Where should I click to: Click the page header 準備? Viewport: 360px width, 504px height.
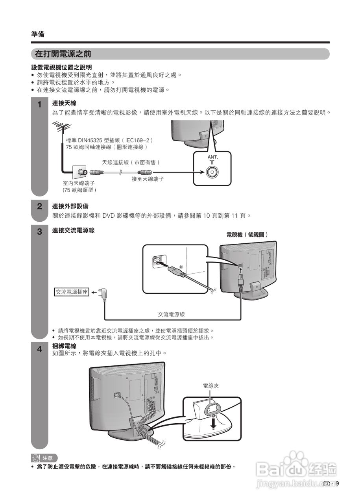[38, 34]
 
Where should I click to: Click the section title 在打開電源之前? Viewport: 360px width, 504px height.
[63, 54]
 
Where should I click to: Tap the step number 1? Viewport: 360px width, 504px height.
[39, 105]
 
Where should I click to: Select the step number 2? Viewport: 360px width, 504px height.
[39, 206]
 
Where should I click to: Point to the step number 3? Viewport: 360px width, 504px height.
[39, 232]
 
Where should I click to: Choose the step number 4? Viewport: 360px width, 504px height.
[39, 349]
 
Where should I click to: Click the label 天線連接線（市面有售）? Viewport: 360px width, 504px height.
[131, 162]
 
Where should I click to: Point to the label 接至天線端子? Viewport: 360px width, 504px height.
[148, 179]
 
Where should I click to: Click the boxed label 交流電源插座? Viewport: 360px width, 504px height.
[72, 292]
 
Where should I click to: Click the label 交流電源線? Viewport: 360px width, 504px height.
[171, 314]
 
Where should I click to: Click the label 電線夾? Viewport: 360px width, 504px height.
[210, 386]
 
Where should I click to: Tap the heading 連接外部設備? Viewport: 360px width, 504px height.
[70, 206]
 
